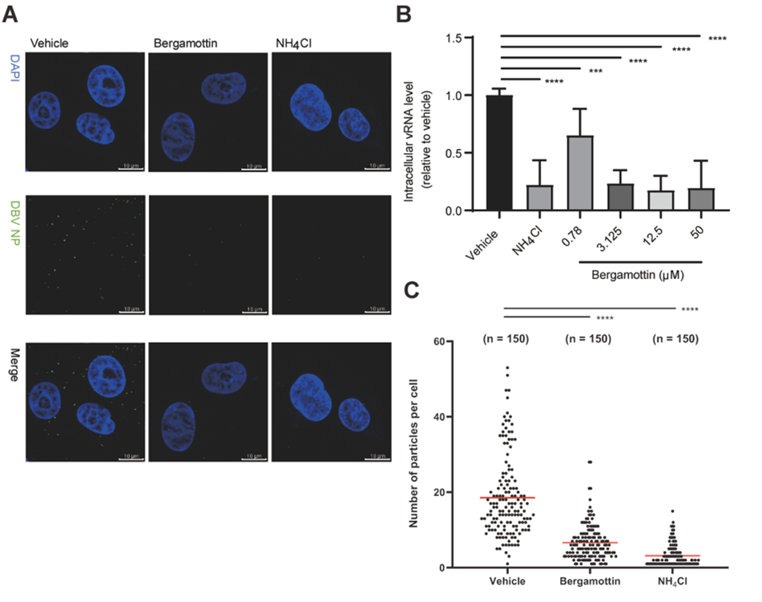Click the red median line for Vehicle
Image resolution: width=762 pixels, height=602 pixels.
click(508, 498)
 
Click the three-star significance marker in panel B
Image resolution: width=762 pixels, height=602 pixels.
click(595, 71)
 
